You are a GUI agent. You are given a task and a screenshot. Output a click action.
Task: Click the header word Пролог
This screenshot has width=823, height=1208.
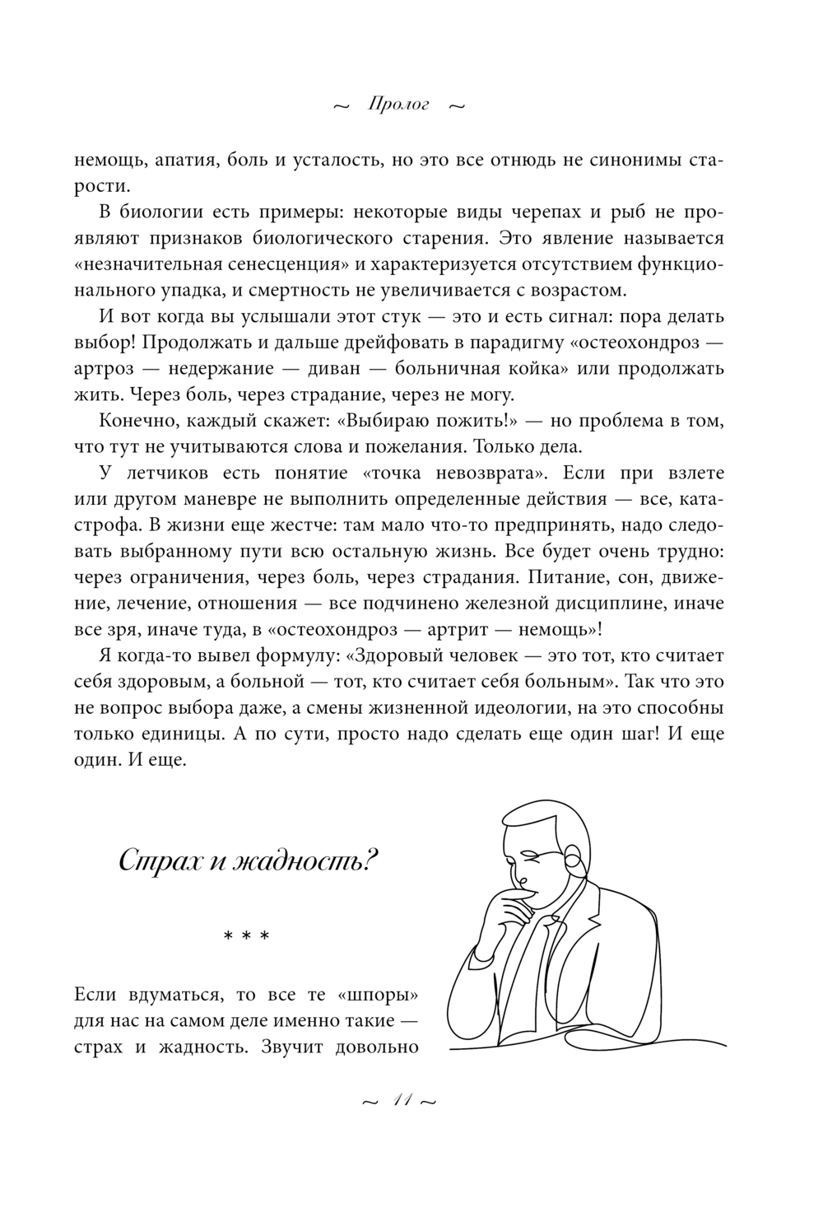[399, 105]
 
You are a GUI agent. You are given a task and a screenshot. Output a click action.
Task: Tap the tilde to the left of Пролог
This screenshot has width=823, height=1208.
[340, 106]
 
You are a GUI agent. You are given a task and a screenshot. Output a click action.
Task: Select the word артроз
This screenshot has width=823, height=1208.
[102, 369]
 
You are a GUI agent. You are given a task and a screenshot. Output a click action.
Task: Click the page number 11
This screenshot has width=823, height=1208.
[399, 1101]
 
